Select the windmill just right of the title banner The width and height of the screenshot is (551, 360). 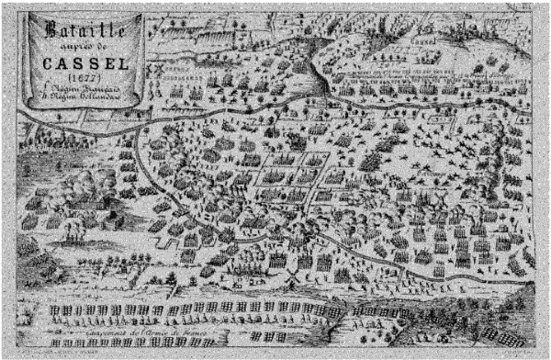click(156, 70)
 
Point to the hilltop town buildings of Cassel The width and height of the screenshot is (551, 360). click(459, 37)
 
